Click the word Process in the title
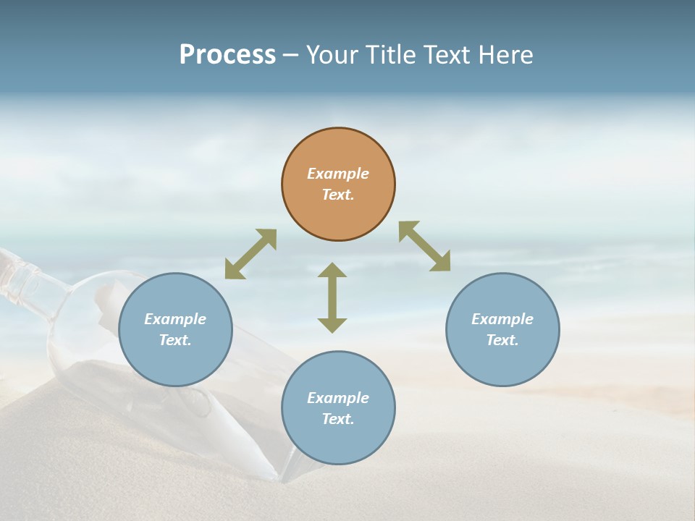pyautogui.click(x=227, y=55)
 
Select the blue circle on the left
pyautogui.click(x=175, y=362)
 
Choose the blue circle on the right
pyautogui.click(x=502, y=362)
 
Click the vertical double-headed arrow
pyautogui.click(x=332, y=297)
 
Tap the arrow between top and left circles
pyautogui.click(x=250, y=254)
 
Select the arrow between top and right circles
pyautogui.click(x=425, y=246)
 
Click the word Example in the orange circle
pyautogui.click(x=338, y=174)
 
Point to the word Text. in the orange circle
pyautogui.click(x=338, y=195)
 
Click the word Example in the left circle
pyautogui.click(x=175, y=319)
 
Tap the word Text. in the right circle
pyautogui.click(x=502, y=340)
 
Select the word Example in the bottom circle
pyautogui.click(x=338, y=398)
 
